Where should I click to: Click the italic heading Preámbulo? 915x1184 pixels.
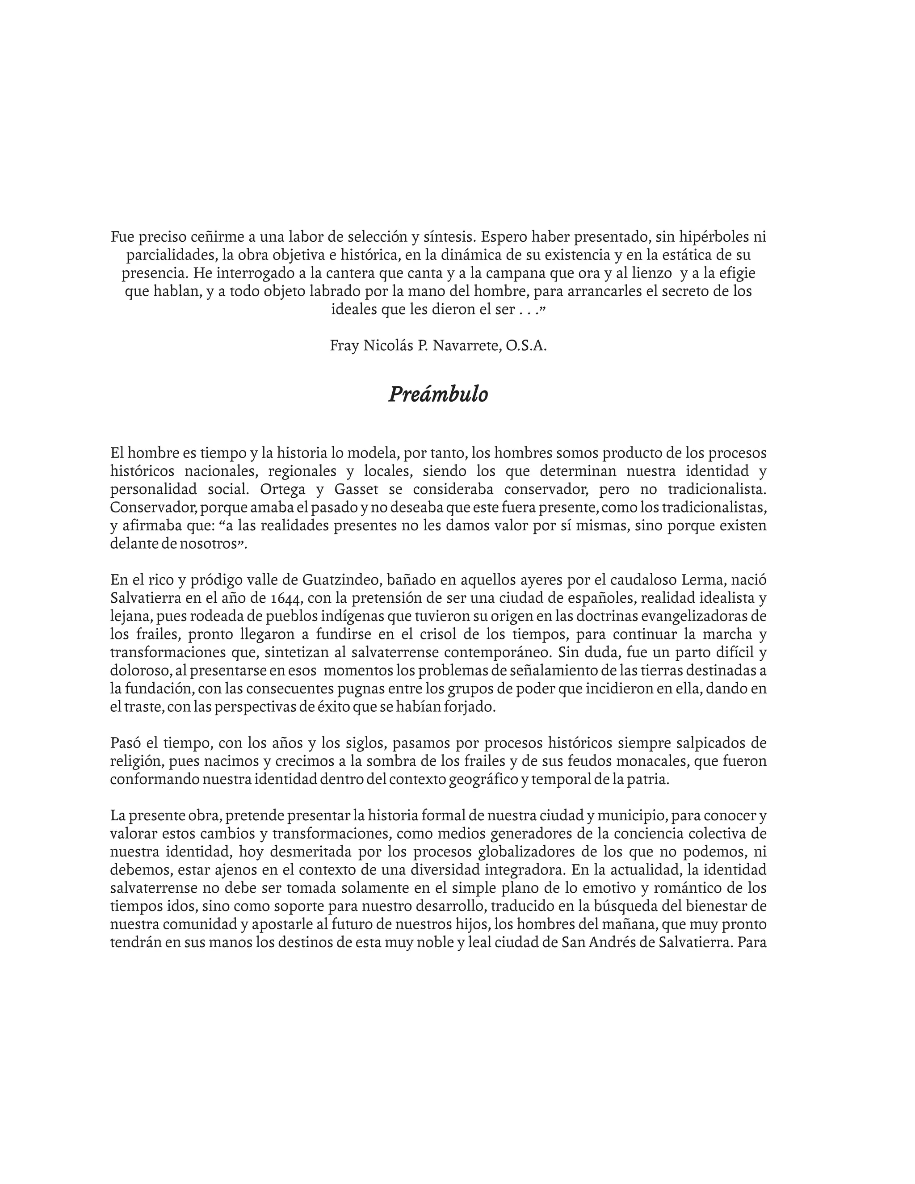438,395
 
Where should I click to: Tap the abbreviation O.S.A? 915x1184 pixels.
526,345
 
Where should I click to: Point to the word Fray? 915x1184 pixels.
344,345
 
